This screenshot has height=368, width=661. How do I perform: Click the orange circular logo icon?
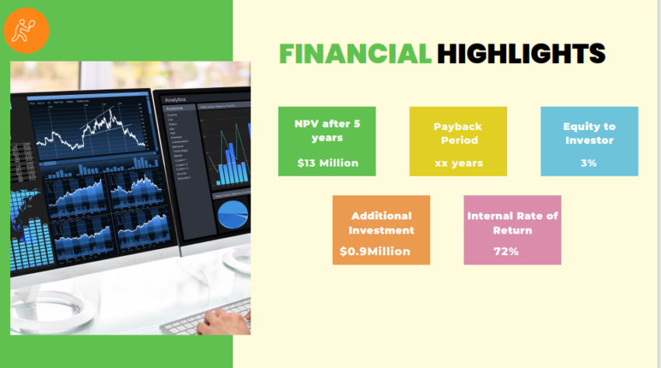click(x=26, y=31)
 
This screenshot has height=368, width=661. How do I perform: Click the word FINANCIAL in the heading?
click(x=355, y=53)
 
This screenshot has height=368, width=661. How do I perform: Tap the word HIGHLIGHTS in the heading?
click(x=520, y=53)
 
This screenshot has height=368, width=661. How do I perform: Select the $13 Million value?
click(x=327, y=163)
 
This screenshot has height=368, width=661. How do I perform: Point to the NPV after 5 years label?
click(x=327, y=131)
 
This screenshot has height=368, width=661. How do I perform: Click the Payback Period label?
click(x=459, y=133)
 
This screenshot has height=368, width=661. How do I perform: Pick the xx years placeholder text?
click(x=459, y=163)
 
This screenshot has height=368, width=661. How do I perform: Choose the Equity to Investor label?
click(x=589, y=133)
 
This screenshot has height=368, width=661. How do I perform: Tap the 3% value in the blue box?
click(x=589, y=163)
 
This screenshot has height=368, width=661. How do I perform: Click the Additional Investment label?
click(x=381, y=223)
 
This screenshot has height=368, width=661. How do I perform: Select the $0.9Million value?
click(x=375, y=251)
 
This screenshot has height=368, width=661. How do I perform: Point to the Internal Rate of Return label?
click(x=512, y=223)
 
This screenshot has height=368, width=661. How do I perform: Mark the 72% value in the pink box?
click(x=506, y=251)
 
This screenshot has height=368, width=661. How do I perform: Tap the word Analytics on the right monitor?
click(x=176, y=100)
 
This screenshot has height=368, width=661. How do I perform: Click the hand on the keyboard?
click(x=226, y=319)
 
